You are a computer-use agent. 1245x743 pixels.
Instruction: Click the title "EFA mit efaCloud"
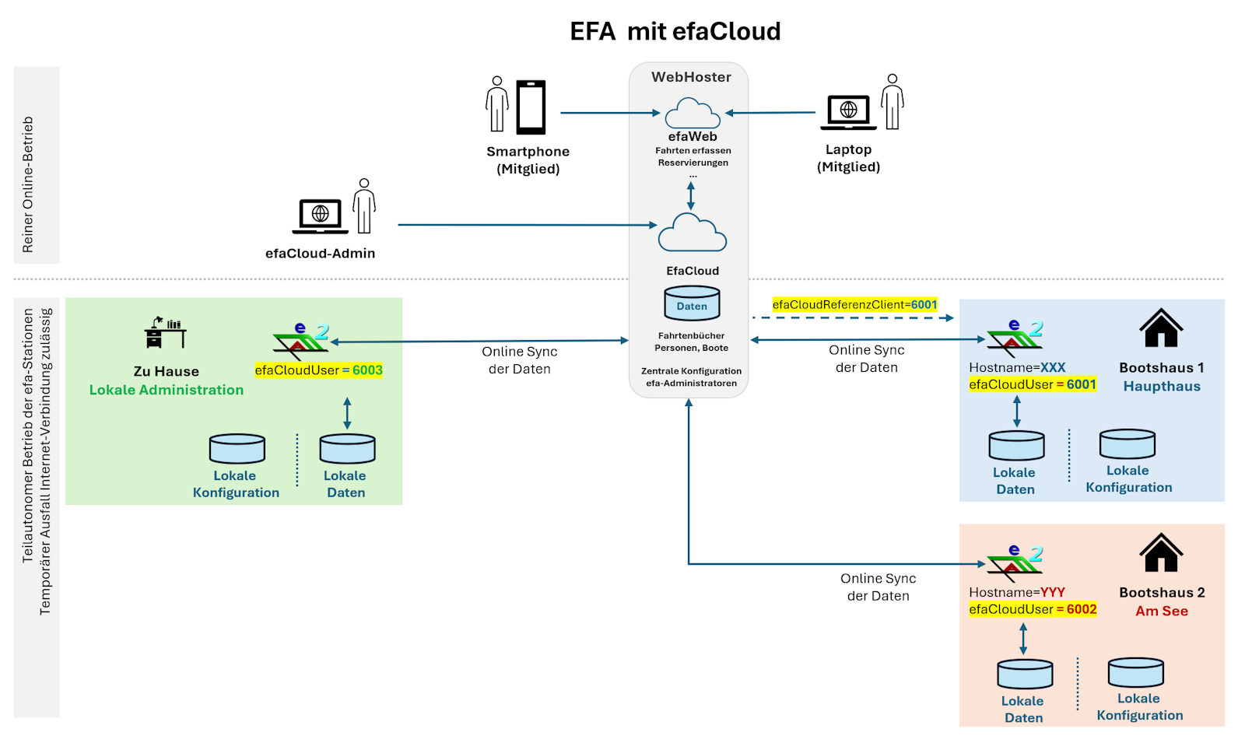(x=675, y=32)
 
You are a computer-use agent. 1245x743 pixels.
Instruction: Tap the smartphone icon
(x=531, y=107)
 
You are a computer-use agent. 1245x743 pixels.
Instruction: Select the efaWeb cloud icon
(x=693, y=114)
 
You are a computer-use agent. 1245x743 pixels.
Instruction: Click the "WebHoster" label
(x=691, y=77)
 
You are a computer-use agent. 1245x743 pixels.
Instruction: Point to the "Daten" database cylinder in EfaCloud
(x=692, y=303)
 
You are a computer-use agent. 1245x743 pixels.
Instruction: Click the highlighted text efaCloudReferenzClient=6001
(x=854, y=304)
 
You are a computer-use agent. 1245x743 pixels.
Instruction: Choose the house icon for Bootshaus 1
(x=1161, y=328)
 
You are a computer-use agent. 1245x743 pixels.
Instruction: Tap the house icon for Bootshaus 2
(x=1161, y=553)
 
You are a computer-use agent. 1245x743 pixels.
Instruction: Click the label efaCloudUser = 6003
(x=318, y=370)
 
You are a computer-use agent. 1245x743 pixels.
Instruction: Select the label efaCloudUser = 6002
(x=1033, y=609)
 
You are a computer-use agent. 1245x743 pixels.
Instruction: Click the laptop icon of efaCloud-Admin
(x=320, y=216)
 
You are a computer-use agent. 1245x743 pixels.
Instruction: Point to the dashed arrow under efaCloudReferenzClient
(x=852, y=317)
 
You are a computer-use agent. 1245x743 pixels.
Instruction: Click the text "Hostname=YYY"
(x=1016, y=592)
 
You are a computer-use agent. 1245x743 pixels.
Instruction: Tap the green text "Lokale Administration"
(x=166, y=390)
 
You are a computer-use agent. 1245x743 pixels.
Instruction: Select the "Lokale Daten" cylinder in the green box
(x=347, y=449)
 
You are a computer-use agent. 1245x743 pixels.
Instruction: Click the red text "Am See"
(x=1161, y=611)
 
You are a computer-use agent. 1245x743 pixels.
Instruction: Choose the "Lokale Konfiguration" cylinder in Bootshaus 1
(x=1127, y=444)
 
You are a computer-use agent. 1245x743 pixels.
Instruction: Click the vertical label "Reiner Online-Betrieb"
(x=28, y=184)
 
